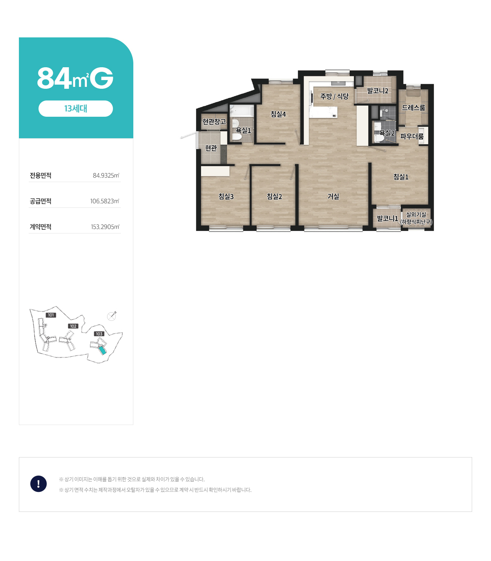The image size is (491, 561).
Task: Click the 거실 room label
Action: coord(333,196)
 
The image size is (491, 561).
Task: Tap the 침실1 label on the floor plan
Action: coord(401,177)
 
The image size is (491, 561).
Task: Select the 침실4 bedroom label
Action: coord(278,114)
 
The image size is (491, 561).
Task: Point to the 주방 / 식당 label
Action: coord(334,96)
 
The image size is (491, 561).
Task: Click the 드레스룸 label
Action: coord(414,108)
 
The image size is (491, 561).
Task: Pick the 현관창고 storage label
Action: coord(214,122)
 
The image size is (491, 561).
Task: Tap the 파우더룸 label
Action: coord(412,136)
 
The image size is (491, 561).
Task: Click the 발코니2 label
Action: coord(377,91)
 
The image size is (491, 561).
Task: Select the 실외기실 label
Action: coord(416,215)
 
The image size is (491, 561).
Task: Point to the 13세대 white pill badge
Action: coord(76,108)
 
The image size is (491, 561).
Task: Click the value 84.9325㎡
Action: coord(106,176)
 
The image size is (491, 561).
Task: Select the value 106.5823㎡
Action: coord(105,201)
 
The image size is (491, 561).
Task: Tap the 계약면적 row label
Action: coord(40,227)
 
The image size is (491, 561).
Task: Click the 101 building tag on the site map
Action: coord(51,315)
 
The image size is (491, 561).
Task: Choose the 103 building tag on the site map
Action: coord(99,334)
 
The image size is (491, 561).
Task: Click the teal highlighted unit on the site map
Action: coord(102,350)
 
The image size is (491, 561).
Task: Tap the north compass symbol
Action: coord(111,316)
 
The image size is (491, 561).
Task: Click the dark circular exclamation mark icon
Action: coord(39,484)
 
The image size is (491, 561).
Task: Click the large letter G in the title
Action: coord(102,78)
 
